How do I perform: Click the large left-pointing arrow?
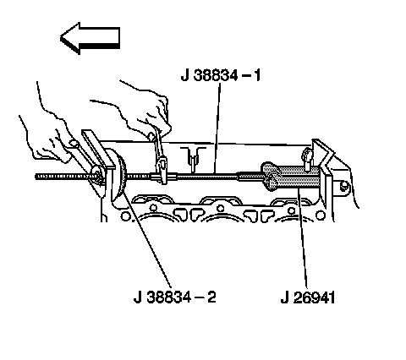click(x=90, y=38)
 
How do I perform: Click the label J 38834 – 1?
click(x=221, y=75)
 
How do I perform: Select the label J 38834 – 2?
click(x=175, y=297)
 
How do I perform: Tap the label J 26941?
click(x=308, y=297)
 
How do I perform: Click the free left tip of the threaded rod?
click(x=36, y=177)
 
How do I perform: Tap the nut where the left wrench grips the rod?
click(x=97, y=174)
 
